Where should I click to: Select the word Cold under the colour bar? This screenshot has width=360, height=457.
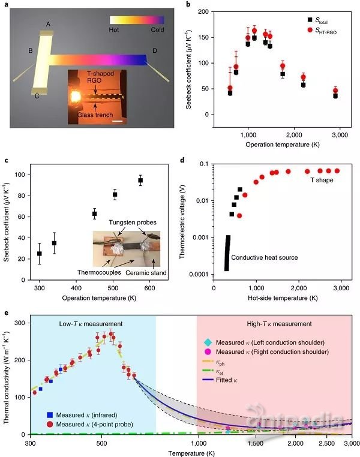pos(155,29)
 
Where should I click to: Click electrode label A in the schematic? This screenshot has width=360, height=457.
pos(48,24)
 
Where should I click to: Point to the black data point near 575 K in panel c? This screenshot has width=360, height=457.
pos(141,181)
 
